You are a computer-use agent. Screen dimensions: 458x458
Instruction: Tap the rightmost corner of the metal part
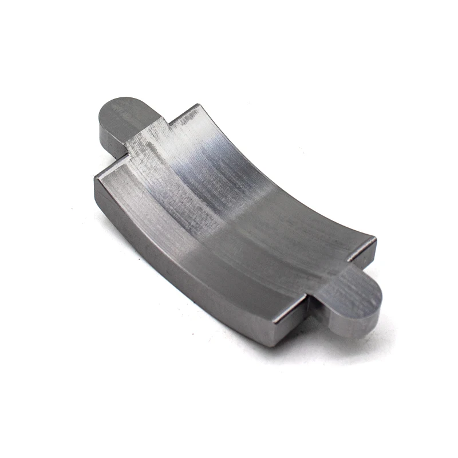tap(376, 239)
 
